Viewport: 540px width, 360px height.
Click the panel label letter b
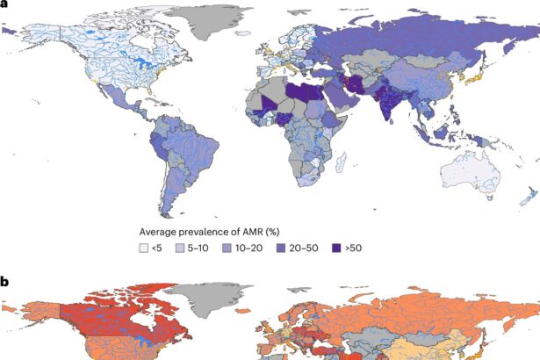click(5, 282)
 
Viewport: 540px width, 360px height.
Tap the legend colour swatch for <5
click(145, 248)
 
